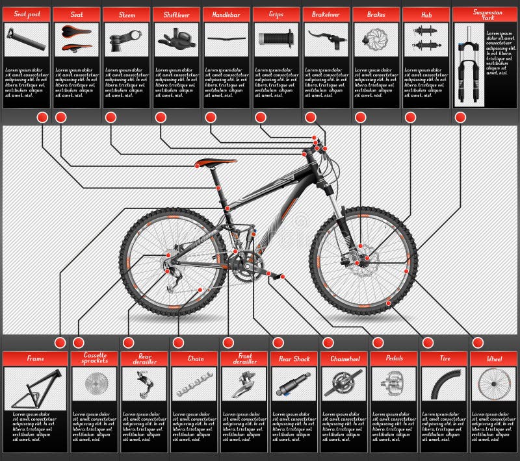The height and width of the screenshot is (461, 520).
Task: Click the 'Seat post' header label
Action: (x=27, y=14)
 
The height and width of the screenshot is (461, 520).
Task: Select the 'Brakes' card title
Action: (x=376, y=14)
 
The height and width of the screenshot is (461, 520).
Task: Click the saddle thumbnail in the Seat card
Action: (x=77, y=38)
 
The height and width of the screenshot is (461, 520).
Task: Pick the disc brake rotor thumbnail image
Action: (x=376, y=39)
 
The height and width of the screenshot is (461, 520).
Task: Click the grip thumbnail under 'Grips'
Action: (x=276, y=38)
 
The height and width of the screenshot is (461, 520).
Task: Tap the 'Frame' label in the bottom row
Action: (x=35, y=358)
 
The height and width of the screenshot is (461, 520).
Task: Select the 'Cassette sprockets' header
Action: (x=94, y=358)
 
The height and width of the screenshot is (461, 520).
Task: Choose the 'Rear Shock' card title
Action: (x=294, y=358)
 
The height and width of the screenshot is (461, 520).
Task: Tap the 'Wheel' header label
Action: (x=495, y=358)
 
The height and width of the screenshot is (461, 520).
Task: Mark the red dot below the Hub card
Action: (x=410, y=118)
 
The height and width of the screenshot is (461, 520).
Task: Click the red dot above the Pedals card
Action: (x=378, y=343)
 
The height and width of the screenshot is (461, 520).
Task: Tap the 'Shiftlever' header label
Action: (x=176, y=14)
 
